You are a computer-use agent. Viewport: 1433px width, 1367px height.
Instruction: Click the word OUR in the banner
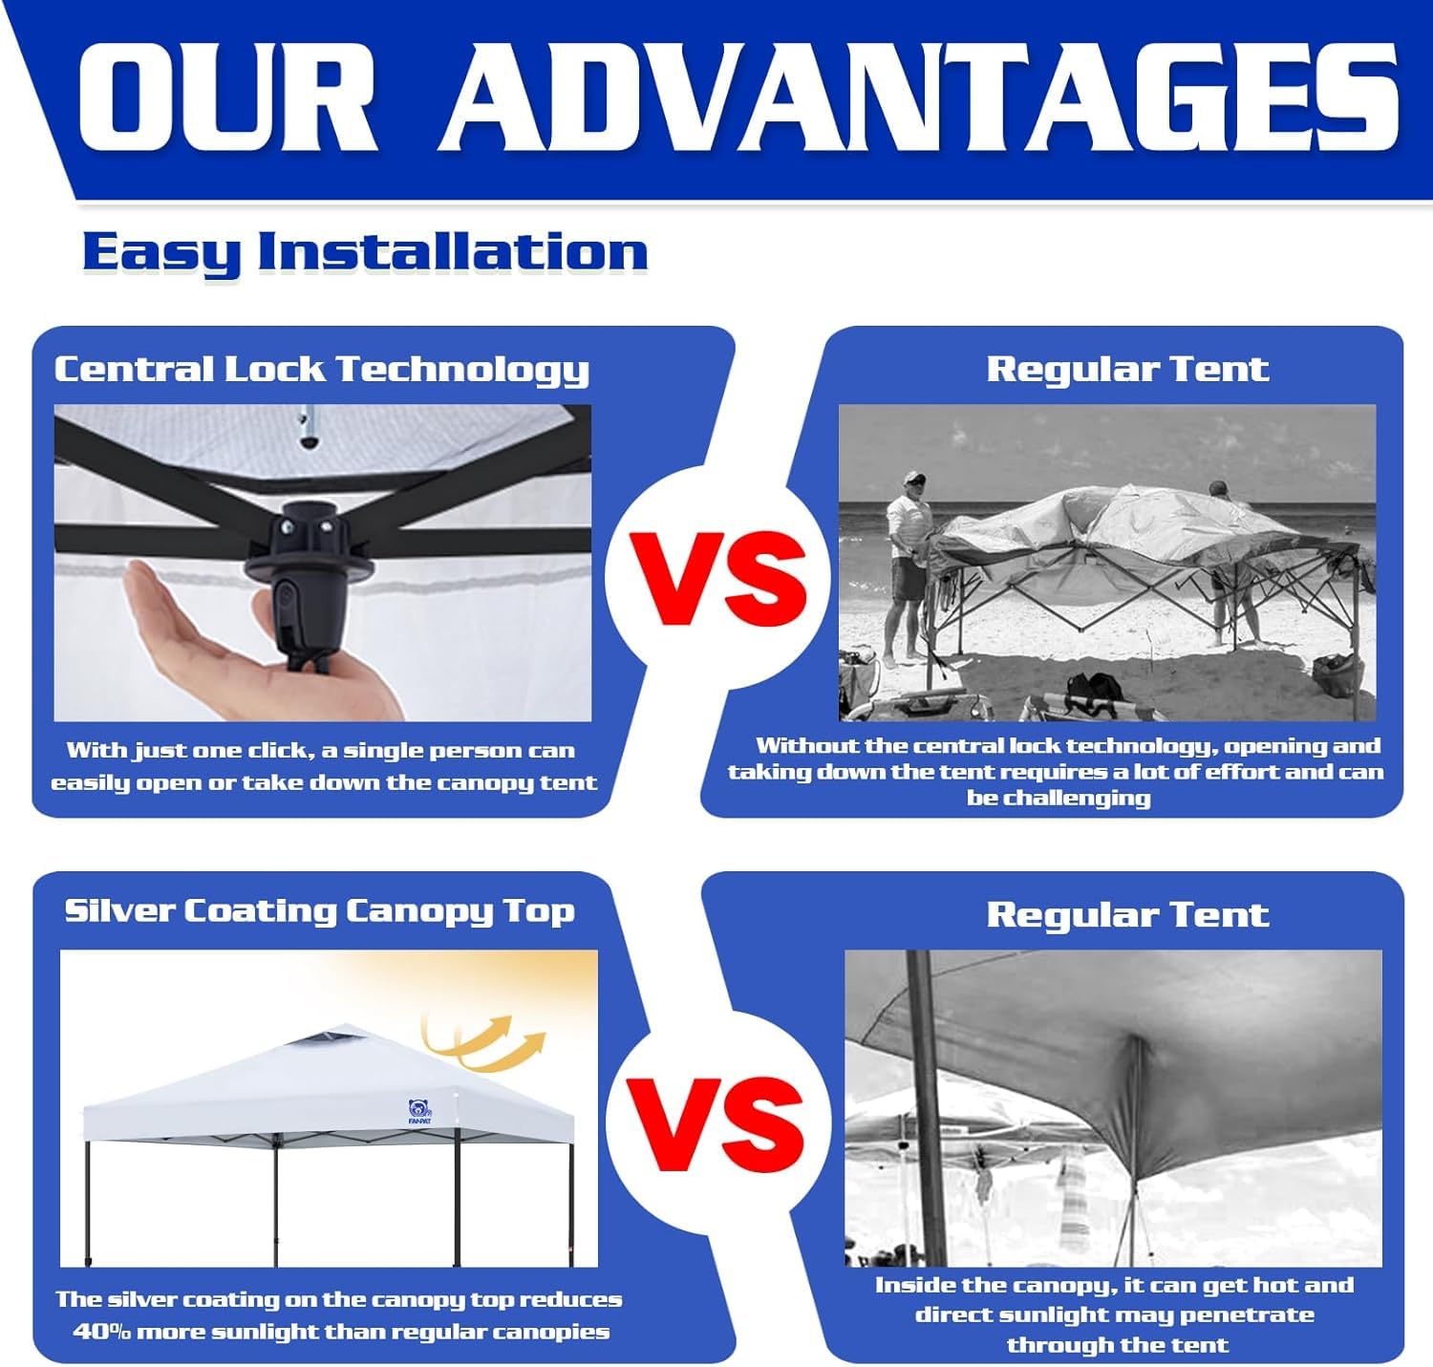[226, 96]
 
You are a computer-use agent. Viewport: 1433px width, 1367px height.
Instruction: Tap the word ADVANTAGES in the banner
[920, 96]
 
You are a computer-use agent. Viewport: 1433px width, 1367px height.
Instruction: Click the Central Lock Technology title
[321, 370]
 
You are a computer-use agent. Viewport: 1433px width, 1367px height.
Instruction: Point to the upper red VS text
[718, 578]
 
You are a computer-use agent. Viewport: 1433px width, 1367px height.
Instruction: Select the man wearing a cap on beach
[907, 568]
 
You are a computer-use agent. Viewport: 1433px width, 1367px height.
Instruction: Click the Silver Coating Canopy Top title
[319, 911]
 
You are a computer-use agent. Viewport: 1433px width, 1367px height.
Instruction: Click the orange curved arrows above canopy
[484, 1042]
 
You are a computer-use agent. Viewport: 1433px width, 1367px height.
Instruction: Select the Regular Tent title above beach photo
[1127, 369]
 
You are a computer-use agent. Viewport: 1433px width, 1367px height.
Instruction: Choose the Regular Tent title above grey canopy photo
[1127, 914]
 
